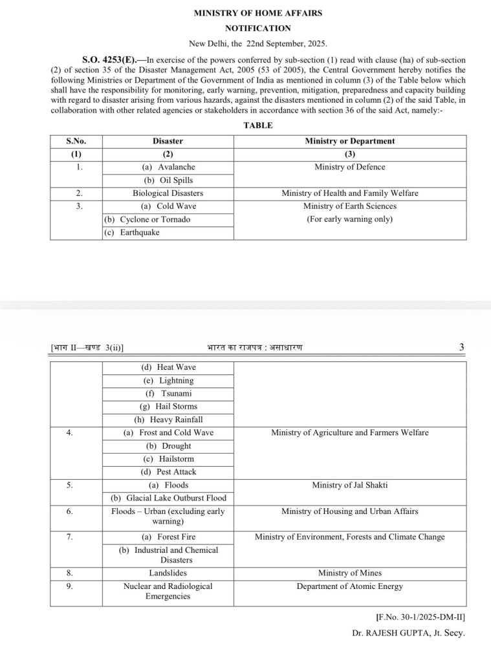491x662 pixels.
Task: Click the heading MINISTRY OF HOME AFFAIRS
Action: (257, 13)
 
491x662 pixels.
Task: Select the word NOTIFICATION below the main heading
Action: (257, 28)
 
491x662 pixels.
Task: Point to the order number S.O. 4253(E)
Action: (106, 59)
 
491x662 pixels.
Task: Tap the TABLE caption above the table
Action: (257, 125)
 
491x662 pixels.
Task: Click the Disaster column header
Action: (168, 141)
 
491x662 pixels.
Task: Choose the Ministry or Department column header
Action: (349, 141)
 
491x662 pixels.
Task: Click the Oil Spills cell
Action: (168, 180)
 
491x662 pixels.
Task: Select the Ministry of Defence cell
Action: (349, 167)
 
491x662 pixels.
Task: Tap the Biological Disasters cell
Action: (168, 193)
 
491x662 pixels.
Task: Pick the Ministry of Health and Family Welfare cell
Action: (349, 193)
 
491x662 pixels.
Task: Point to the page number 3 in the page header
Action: (461, 347)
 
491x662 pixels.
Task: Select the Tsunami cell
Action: (168, 393)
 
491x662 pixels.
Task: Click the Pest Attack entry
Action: (168, 472)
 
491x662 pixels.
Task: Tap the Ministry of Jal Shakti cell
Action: (349, 485)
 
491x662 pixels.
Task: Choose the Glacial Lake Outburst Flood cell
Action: (168, 498)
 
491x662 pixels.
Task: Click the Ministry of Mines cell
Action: (349, 573)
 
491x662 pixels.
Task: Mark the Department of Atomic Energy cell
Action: (349, 586)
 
